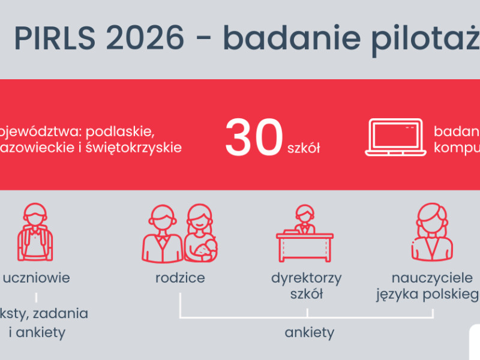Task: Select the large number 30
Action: (x=254, y=139)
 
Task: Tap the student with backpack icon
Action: (x=35, y=232)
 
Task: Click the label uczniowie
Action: (x=36, y=278)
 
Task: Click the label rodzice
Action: (x=180, y=278)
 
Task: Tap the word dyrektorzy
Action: (x=307, y=278)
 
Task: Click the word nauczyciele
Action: (x=428, y=278)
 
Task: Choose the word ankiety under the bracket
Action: (x=310, y=332)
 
